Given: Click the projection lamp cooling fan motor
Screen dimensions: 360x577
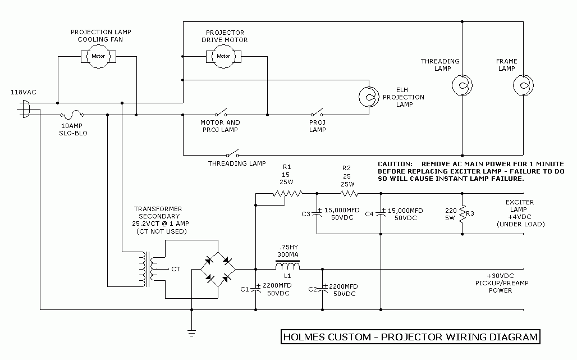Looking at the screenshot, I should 98,56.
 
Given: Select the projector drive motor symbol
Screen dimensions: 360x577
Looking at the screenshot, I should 223,56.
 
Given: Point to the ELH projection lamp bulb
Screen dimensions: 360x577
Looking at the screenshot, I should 369,97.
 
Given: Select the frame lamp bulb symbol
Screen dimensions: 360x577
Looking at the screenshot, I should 523,85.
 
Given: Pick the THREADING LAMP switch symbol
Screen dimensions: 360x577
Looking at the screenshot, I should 232,153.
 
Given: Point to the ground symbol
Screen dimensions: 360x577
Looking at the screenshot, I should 192,334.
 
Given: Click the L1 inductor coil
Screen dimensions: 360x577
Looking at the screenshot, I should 288,267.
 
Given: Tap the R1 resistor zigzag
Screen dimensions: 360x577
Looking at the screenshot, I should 287,194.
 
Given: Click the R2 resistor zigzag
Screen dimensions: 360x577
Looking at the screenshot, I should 347,194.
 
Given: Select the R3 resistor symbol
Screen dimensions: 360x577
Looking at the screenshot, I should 462,214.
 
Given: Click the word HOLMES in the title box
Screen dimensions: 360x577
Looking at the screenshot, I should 307,337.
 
